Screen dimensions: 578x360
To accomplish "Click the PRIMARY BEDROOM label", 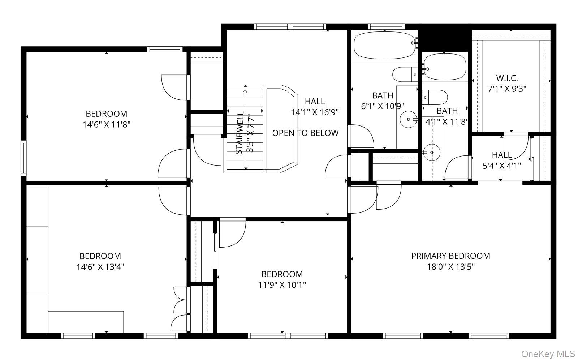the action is point(450,256).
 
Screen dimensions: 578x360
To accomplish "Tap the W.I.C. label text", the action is point(507,78).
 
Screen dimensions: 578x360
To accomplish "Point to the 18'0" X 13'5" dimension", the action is point(450,266).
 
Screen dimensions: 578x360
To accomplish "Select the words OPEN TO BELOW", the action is point(305,133).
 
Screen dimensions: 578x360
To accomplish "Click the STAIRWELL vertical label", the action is point(239,133).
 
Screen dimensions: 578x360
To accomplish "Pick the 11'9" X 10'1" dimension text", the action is point(282,284).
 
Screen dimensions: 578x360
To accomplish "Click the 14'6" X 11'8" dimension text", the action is point(106,124).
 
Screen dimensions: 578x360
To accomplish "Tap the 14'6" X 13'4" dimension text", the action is point(100,266).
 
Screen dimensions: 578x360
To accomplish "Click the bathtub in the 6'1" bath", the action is point(384,46).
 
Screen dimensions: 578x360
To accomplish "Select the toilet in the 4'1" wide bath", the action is point(435,97).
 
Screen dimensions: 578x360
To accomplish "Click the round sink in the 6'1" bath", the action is point(408,119).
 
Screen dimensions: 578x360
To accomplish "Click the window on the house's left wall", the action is point(23,158).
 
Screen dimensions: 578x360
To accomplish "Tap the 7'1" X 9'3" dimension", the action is point(507,89).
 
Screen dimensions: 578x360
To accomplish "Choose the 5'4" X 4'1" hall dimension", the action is point(502,166).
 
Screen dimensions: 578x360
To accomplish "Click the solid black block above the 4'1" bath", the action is point(444,38).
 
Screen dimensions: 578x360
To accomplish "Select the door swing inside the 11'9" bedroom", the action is point(232,232).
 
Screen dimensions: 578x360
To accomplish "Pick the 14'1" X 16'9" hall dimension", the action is point(315,112).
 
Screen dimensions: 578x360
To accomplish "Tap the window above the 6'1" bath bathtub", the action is point(386,27).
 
